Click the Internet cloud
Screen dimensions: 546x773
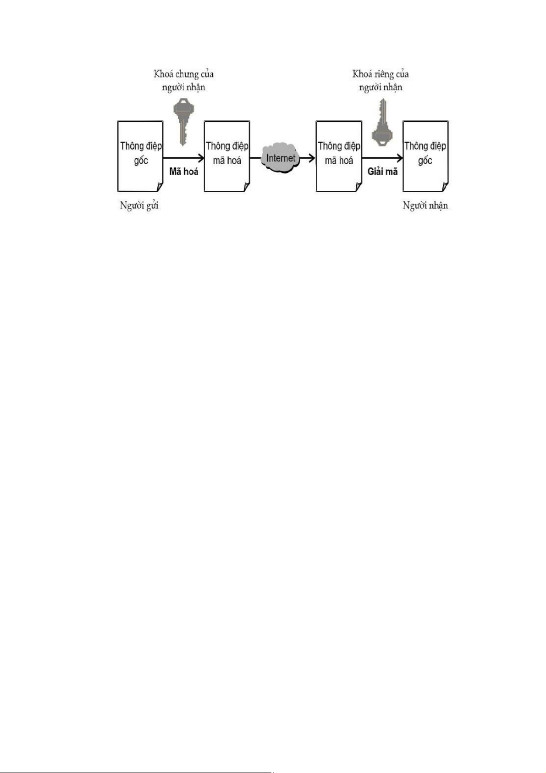pos(281,158)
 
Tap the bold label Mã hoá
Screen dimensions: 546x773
pos(183,172)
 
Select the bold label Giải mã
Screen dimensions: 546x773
pos(382,172)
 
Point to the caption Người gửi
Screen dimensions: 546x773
pos(139,206)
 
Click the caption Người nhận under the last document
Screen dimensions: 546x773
pos(425,206)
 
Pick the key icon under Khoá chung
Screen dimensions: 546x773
pos(183,122)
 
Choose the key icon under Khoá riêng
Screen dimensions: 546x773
pos(381,122)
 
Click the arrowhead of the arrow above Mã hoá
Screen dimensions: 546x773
pos(201,158)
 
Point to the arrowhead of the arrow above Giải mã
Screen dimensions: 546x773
pos(400,158)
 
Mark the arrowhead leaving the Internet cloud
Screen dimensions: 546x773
pos(312,158)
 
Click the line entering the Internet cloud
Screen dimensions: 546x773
pos(256,158)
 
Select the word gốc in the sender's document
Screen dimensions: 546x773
pos(141,161)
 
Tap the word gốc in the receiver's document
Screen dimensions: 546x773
pos(425,161)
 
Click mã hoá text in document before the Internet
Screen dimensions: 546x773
pos(227,161)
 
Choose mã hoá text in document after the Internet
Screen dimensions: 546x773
pos(339,161)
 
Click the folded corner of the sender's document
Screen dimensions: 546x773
pos(160,187)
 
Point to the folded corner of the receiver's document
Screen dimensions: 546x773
pos(445,187)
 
